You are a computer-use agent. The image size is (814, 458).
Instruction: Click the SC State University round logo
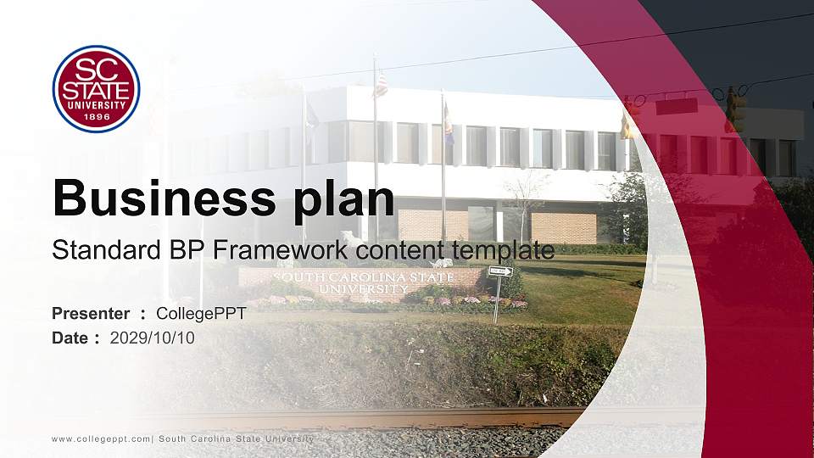pos(96,89)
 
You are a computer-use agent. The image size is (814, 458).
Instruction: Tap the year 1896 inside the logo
pos(96,116)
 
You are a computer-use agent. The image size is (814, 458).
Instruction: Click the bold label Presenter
pos(91,314)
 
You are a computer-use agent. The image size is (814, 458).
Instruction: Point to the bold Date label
pos(70,338)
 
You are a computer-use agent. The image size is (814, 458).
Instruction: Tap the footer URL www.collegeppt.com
pos(101,438)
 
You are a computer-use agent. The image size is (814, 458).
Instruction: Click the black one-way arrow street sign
pos(500,271)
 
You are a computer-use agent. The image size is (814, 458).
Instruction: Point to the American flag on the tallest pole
pos(381,83)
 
